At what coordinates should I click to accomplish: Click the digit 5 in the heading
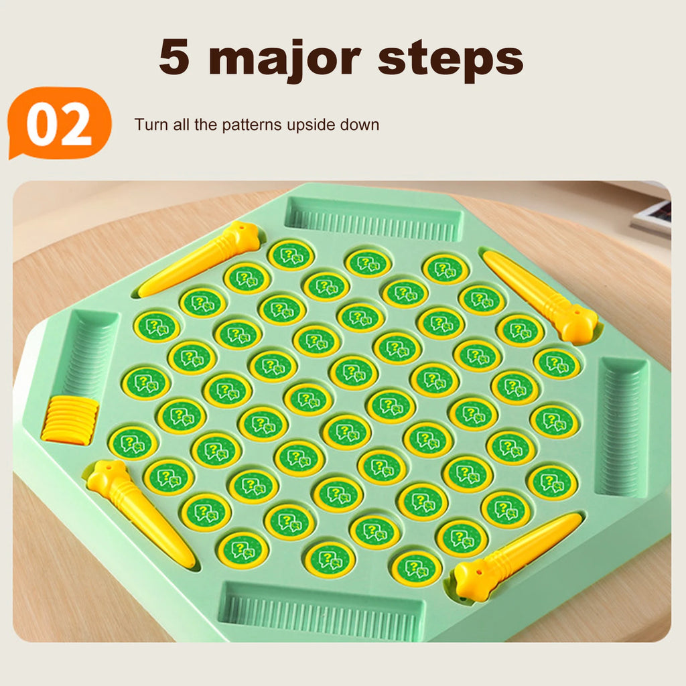174,57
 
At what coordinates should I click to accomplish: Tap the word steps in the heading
450,61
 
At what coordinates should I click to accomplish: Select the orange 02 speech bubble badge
59,123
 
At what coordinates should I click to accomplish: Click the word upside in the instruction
312,125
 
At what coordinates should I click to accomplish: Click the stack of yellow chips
70,421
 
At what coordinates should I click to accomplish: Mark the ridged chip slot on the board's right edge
621,427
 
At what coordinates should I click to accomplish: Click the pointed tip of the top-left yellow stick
141,292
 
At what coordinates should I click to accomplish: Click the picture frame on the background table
652,217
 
